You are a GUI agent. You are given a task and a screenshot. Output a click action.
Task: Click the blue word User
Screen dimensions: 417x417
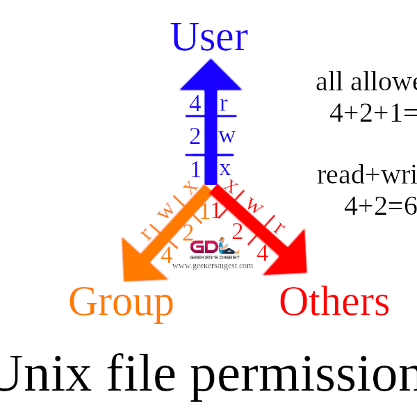coord(208,38)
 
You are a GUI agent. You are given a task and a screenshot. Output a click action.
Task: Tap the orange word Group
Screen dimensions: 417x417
coord(121,302)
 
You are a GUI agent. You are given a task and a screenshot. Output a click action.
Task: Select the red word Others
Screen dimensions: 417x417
coord(334,302)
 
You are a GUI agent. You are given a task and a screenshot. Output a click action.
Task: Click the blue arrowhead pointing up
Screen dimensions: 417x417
coord(211,75)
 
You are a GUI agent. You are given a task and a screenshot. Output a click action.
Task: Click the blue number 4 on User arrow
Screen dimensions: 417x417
coord(195,104)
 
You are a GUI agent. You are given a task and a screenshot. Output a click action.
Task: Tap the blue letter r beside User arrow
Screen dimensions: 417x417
coord(223,104)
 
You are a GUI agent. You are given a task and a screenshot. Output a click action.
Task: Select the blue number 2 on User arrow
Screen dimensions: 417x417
coord(195,136)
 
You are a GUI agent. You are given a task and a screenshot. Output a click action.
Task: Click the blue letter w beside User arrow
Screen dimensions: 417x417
coord(227,136)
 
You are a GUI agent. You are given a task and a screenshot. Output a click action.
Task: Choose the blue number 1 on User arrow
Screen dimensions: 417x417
coord(195,170)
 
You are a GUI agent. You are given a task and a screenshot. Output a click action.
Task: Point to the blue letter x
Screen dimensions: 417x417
coord(224,169)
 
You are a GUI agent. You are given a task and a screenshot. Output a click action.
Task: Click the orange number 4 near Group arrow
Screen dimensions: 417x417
coord(167,255)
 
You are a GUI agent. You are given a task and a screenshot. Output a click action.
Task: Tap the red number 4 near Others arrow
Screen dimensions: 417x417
coord(262,254)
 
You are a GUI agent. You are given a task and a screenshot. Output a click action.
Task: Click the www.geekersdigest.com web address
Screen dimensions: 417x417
coord(213,265)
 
